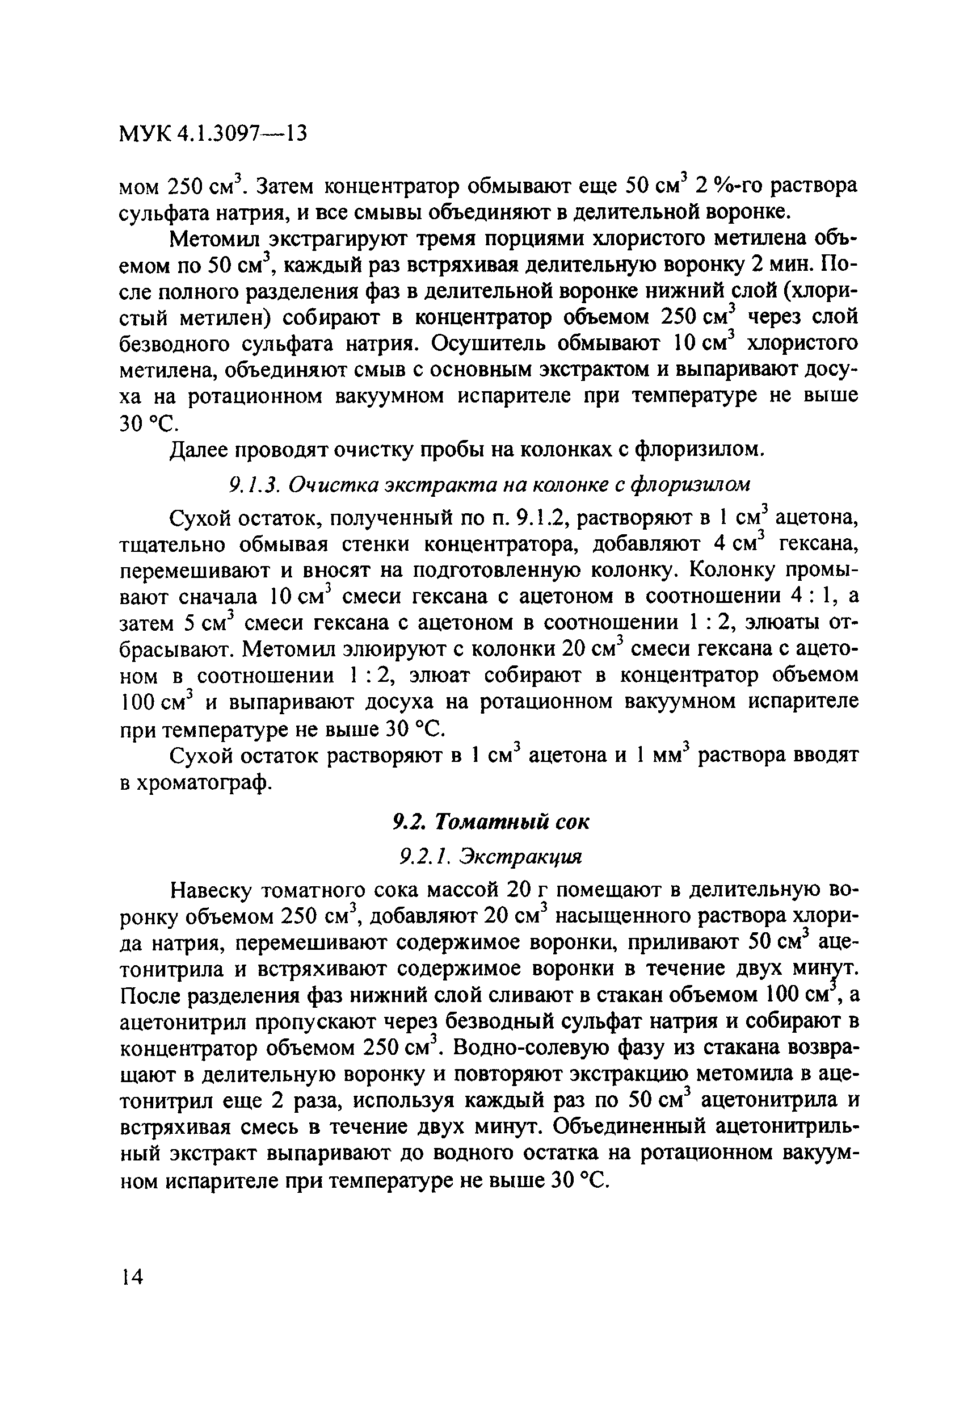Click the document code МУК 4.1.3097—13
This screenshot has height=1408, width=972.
tap(212, 133)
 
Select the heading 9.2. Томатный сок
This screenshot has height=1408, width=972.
tap(490, 822)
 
